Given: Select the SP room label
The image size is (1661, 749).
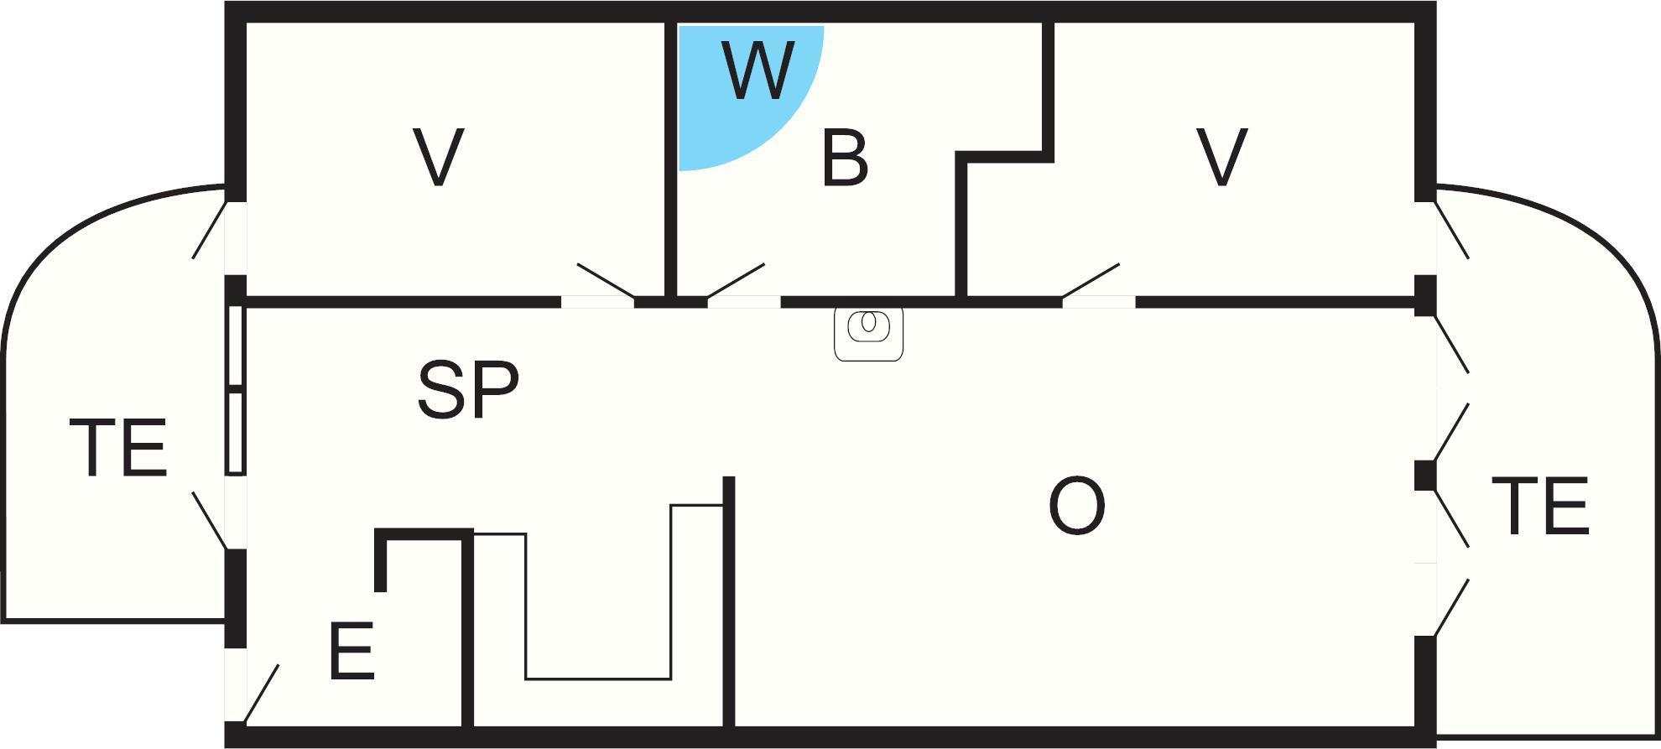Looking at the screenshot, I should (468, 389).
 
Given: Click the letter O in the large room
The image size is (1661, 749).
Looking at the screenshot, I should (1077, 506).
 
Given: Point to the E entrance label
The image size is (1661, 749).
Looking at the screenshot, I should (351, 651).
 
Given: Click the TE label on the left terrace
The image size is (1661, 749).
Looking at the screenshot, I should (123, 449).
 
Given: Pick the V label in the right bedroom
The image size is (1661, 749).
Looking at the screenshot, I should (1222, 157).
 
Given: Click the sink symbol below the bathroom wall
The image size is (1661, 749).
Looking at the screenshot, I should (869, 332).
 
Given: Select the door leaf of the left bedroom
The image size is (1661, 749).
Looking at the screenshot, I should (605, 280).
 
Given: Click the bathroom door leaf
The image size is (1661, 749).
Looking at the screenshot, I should (736, 280).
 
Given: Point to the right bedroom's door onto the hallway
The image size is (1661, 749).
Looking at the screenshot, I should (1091, 280).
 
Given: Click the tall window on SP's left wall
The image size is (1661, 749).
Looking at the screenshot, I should (236, 390).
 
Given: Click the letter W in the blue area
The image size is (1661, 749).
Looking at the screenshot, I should (757, 71).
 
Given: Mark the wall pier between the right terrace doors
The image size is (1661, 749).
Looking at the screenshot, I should (1424, 476).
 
